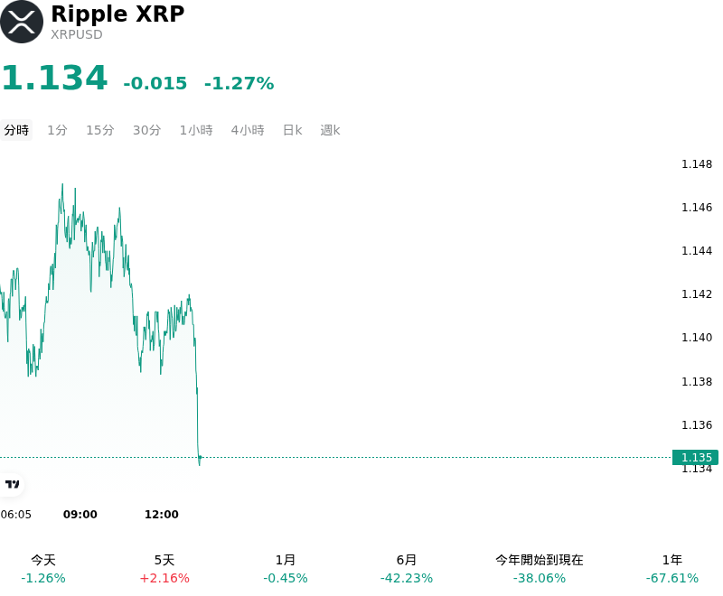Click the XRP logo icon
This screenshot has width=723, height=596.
point(22,22)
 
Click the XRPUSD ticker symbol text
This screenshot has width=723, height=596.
point(77,34)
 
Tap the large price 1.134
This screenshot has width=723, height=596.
point(55,78)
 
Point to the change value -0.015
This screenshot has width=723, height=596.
point(155,83)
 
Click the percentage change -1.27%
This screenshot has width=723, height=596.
point(239,83)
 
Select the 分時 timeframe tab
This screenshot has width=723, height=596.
point(16,130)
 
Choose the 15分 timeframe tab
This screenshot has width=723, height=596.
point(100,130)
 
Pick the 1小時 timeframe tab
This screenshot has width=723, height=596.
point(196,130)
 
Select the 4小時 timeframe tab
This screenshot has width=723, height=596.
point(248,130)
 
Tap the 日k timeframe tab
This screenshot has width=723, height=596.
point(292,130)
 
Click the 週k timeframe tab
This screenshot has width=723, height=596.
point(330,130)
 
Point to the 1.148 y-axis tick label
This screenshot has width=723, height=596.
point(697,164)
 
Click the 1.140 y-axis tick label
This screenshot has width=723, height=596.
point(697,338)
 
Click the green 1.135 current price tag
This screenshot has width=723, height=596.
point(695,457)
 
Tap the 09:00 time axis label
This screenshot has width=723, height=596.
point(80,514)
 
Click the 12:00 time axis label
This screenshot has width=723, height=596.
point(162,514)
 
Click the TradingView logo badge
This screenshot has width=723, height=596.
point(12,484)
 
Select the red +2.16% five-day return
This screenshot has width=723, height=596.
point(164,578)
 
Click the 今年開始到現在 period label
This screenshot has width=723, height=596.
point(540,560)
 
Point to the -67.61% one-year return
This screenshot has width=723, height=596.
point(672,578)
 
